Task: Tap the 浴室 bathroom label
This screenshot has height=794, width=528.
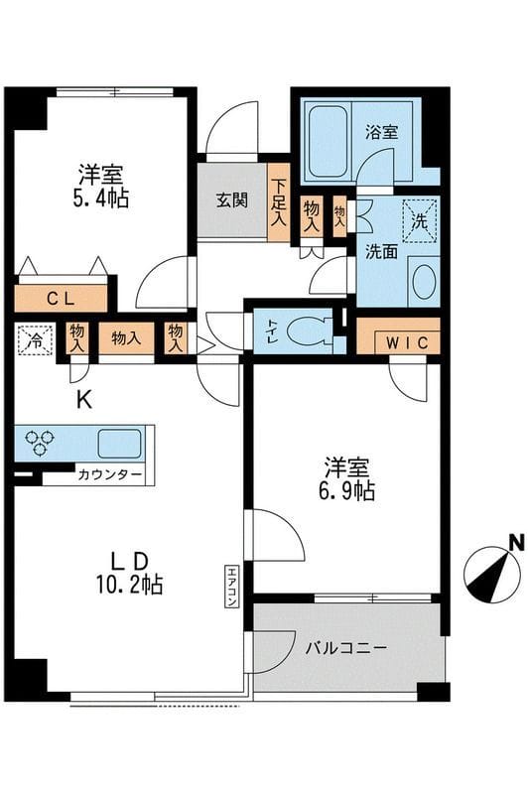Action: pyautogui.click(x=382, y=130)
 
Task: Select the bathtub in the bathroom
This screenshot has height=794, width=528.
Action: pyautogui.click(x=325, y=139)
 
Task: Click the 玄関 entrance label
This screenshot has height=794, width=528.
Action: pyautogui.click(x=233, y=198)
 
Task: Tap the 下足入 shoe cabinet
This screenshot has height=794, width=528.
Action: pyautogui.click(x=280, y=202)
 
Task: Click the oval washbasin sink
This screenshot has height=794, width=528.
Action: pyautogui.click(x=423, y=282)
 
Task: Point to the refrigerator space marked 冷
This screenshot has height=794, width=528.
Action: pyautogui.click(x=36, y=338)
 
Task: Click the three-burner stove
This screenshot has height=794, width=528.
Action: pyautogui.click(x=41, y=442)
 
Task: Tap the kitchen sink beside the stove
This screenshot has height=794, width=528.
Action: pyautogui.click(x=118, y=443)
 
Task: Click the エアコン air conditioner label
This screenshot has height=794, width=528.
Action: pyautogui.click(x=230, y=586)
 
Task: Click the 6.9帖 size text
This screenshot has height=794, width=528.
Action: pyautogui.click(x=348, y=491)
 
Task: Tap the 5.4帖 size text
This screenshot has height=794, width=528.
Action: pyautogui.click(x=102, y=198)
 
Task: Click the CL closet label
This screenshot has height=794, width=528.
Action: pyautogui.click(x=59, y=297)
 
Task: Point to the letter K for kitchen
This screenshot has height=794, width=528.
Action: pyautogui.click(x=84, y=401)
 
